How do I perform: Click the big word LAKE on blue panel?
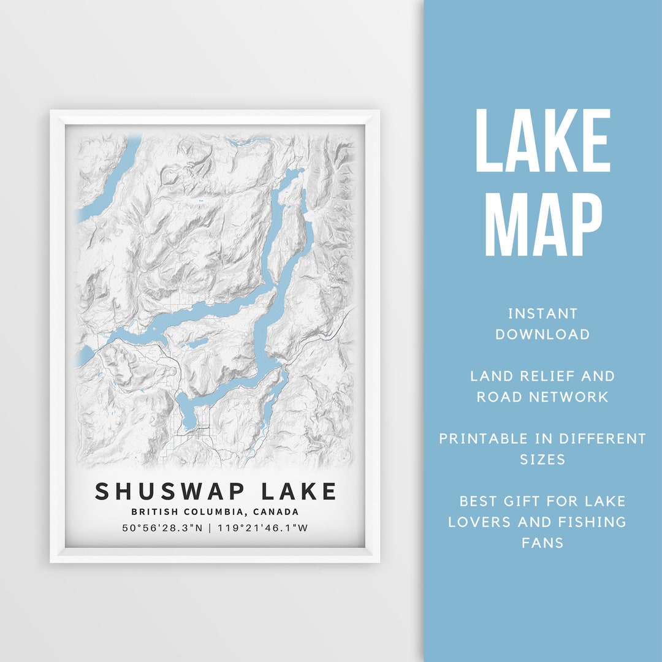pos(542,141)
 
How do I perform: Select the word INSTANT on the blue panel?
pos(542,314)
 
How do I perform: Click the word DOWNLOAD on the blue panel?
pos(542,335)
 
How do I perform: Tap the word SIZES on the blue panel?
pos(542,459)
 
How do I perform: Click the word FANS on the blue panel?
pos(542,543)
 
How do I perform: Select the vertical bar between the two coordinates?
pos(210,528)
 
